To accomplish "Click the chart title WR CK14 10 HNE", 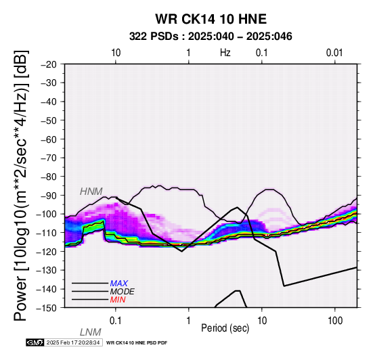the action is click(x=211, y=19).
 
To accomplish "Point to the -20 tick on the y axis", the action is click(x=49, y=64).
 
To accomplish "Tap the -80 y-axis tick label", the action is click(x=49, y=177).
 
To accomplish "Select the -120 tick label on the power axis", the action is click(x=47, y=252).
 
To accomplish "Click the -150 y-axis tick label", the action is click(x=47, y=308).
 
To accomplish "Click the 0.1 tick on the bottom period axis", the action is click(x=116, y=321).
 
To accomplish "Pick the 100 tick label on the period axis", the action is click(x=335, y=321).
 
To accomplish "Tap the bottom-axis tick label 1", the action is click(x=188, y=321).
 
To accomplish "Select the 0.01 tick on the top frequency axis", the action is click(x=334, y=53).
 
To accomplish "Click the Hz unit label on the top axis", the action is click(x=225, y=53).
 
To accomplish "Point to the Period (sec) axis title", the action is click(x=225, y=328).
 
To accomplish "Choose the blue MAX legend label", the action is click(x=119, y=284).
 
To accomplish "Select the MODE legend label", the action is click(x=123, y=292).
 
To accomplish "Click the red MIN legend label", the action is click(x=118, y=300).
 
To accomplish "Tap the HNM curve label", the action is click(x=91, y=192).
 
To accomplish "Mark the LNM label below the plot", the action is click(x=91, y=332).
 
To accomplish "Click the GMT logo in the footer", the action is click(x=35, y=342).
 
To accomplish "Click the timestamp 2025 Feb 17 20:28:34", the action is click(x=73, y=342).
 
